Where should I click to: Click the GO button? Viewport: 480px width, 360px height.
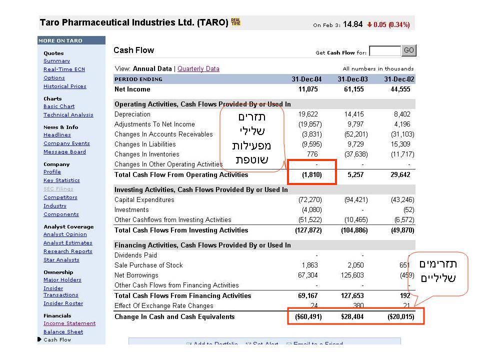[409, 50]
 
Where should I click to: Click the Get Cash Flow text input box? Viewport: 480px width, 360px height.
[384, 51]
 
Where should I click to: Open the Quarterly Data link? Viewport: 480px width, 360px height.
[198, 68]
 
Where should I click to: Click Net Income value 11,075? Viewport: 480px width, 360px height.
[308, 89]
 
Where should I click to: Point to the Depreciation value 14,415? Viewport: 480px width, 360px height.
[354, 114]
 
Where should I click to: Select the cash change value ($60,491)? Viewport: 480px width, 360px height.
[306, 317]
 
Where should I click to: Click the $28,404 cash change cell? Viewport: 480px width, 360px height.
[352, 317]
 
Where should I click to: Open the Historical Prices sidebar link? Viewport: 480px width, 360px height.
[64, 86]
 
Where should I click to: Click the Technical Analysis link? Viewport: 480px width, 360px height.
[68, 115]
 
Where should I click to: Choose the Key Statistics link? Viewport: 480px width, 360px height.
[61, 180]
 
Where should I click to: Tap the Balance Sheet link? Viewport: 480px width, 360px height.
[63, 332]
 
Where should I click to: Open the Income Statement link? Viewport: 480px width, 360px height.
[69, 323]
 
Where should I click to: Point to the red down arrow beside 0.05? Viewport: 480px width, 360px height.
[369, 24]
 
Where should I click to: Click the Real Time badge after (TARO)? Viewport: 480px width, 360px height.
[235, 22]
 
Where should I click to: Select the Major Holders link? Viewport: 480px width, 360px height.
[62, 280]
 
